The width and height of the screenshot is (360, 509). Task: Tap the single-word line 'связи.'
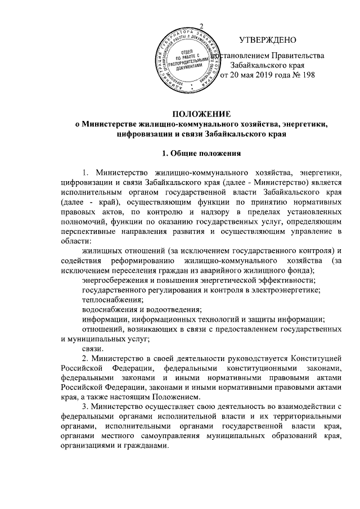click(x=92, y=349)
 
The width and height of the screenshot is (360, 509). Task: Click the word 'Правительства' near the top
click(x=298, y=56)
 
